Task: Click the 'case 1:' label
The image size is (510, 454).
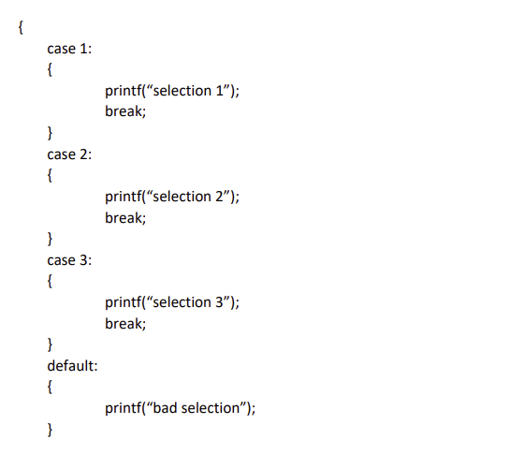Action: pyautogui.click(x=69, y=49)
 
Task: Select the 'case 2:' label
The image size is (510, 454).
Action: pyautogui.click(x=69, y=154)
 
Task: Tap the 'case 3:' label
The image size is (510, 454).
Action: pyautogui.click(x=69, y=260)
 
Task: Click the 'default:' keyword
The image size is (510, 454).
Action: pyautogui.click(x=72, y=366)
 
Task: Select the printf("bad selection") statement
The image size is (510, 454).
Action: pyautogui.click(x=181, y=408)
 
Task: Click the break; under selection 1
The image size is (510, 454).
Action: pyautogui.click(x=125, y=112)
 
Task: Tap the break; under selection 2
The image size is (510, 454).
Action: pyautogui.click(x=125, y=218)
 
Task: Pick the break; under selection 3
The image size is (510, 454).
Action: pyautogui.click(x=125, y=324)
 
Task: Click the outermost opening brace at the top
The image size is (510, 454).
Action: pyautogui.click(x=20, y=27)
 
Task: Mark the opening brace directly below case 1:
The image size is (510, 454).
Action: pyautogui.click(x=51, y=70)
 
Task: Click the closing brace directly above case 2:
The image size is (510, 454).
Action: pyautogui.click(x=51, y=134)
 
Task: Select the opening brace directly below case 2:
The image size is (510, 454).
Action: pyautogui.click(x=51, y=176)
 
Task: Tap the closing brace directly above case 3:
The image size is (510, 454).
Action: pyautogui.click(x=51, y=240)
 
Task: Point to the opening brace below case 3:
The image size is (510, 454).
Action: pyautogui.click(x=51, y=282)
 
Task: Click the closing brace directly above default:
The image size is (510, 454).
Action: pyautogui.click(x=51, y=345)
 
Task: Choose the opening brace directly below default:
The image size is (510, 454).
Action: pyautogui.click(x=51, y=388)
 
